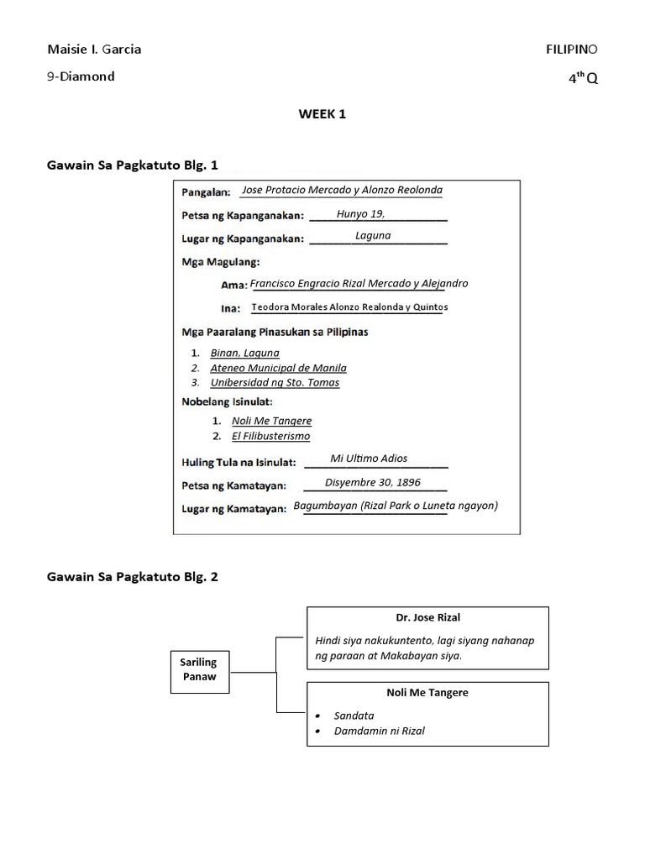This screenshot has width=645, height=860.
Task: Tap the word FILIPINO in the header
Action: pos(572,50)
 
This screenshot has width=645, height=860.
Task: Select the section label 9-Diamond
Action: pos(81,76)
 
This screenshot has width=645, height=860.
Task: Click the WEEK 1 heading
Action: pos(322,115)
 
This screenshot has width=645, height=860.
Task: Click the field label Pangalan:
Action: pos(207,192)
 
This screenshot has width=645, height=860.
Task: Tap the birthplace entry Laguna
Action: pos(373,235)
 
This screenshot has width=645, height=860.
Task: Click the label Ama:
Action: pos(233,285)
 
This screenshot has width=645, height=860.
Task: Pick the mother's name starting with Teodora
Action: pos(349,307)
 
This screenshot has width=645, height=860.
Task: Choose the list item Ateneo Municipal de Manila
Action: pos(278,368)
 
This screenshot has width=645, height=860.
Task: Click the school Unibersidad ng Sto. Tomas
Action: pos(275,383)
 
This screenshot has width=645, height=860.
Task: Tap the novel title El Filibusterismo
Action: pos(271,437)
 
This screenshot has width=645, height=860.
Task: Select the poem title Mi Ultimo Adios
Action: pos(369,459)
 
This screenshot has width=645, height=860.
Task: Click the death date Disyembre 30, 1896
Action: pos(373,483)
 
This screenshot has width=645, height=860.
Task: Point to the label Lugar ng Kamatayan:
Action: pos(234,508)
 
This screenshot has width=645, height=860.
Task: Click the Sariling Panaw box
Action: pos(199,670)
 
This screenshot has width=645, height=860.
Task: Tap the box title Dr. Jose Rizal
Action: pos(428,618)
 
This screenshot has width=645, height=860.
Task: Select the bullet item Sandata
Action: pos(352,716)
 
